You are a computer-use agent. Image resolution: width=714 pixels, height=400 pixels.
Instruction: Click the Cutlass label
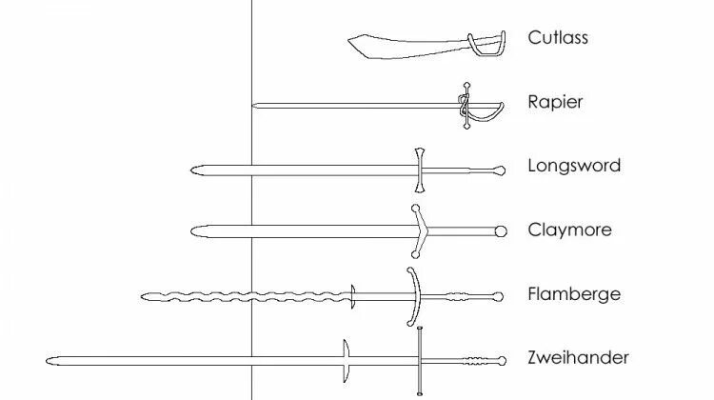tap(559, 38)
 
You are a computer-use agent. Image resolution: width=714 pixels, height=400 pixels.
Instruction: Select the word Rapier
tap(555, 102)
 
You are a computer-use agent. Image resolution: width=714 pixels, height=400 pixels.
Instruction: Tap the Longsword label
tap(574, 166)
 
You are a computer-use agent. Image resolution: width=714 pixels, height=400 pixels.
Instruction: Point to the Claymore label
tap(569, 230)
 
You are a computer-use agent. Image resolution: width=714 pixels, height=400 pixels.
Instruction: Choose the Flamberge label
tap(574, 294)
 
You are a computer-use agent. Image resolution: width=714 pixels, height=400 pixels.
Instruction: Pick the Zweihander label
tap(578, 358)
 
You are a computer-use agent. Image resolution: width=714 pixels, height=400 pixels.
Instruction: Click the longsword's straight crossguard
tap(418, 170)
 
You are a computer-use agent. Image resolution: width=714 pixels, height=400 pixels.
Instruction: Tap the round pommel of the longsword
tap(500, 170)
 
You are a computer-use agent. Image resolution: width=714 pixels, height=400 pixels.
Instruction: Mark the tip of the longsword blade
tap(193, 170)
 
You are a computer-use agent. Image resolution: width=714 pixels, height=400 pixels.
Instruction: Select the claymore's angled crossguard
tap(417, 230)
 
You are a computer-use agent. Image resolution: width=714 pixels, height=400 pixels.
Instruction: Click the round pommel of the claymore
tap(501, 231)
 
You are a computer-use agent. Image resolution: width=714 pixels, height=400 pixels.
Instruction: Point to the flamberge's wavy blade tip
tap(142, 296)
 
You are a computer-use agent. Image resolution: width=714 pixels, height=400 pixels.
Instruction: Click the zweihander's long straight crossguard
tap(419, 360)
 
